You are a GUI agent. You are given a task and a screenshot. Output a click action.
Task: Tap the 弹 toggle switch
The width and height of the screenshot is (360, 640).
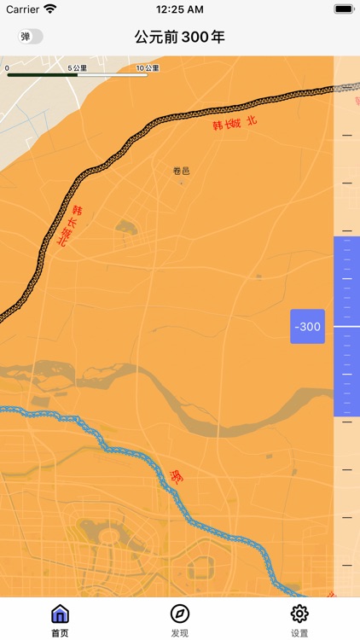coord(31,37)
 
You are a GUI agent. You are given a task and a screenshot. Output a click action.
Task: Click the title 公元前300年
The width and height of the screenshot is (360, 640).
coord(180,37)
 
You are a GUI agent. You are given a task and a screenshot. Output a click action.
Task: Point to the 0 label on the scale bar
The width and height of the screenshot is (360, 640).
coord(7,67)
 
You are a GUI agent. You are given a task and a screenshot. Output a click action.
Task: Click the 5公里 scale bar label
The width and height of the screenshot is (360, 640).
coord(78,67)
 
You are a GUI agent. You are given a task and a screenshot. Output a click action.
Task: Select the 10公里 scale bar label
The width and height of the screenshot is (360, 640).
coord(147,67)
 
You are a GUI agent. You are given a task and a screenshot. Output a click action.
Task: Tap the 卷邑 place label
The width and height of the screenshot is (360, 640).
coord(181,171)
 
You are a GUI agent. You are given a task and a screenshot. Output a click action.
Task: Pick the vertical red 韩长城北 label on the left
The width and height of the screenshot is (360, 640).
coord(69,226)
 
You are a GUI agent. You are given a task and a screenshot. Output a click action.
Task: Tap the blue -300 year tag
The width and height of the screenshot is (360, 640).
coord(307,327)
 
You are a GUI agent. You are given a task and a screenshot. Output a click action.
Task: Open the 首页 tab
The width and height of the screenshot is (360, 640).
coord(60,618)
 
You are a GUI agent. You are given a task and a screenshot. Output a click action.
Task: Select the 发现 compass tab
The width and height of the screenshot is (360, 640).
coord(180,618)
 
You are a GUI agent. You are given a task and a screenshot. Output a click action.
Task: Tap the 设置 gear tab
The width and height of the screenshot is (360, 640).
coord(299,618)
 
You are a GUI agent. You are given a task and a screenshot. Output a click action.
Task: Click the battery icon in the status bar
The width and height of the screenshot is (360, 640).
coord(344,9)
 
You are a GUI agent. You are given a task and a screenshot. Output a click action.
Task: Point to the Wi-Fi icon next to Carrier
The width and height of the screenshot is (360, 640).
coord(50,9)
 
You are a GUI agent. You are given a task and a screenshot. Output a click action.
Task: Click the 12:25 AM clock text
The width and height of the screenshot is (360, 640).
coord(180,9)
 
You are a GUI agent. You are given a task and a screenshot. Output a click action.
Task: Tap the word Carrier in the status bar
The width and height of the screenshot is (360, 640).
coord(22,9)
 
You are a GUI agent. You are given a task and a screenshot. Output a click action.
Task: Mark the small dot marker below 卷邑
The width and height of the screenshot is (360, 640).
coord(181,183)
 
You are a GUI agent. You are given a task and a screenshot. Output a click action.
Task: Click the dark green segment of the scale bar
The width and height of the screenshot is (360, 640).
coord(42,75)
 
